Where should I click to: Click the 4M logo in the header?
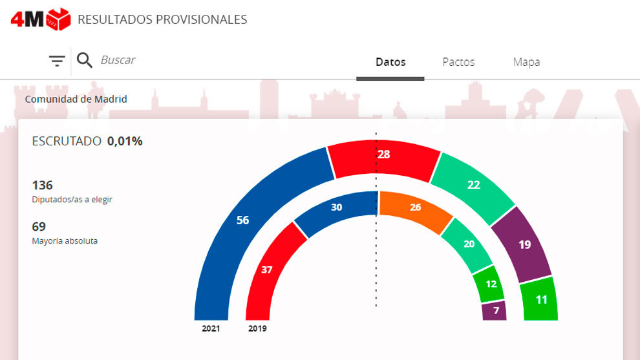(40, 19)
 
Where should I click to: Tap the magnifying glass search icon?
(85, 60)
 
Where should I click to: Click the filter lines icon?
(57, 61)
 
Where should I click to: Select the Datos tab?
(390, 62)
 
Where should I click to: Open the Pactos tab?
(458, 62)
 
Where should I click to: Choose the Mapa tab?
(526, 62)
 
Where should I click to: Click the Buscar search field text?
(118, 60)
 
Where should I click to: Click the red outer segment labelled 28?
(384, 155)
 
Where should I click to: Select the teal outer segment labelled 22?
(473, 185)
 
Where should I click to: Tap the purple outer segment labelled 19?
(524, 245)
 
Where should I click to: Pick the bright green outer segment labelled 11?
(540, 299)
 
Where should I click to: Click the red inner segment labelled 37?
(267, 270)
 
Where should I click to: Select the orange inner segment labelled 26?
(414, 207)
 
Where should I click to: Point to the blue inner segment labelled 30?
(336, 207)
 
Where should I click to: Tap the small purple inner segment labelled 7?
(495, 311)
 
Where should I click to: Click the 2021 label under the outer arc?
(211, 328)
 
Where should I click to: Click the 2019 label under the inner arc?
(257, 328)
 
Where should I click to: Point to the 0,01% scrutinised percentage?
(125, 141)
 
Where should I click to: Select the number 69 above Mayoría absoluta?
(39, 226)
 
